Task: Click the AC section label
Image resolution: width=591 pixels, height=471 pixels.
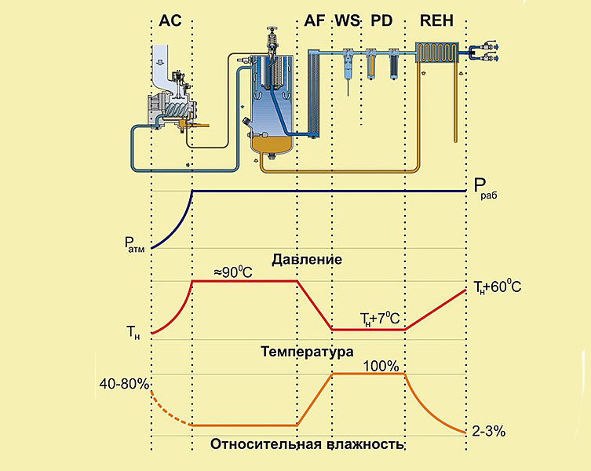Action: pos(170,20)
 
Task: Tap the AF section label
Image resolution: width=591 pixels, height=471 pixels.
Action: pos(314,20)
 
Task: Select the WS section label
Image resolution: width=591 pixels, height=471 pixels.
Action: pos(346,20)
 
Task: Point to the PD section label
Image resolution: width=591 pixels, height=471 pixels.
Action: pos(381,20)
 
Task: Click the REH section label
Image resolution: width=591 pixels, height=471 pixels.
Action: pos(436,20)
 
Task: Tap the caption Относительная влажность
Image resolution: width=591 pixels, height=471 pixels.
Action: pos(307,444)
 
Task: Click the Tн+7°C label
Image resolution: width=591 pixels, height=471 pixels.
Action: pos(379,319)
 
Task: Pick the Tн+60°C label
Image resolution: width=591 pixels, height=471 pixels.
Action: pos(497,288)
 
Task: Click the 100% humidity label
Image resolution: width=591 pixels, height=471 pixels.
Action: pos(381,366)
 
